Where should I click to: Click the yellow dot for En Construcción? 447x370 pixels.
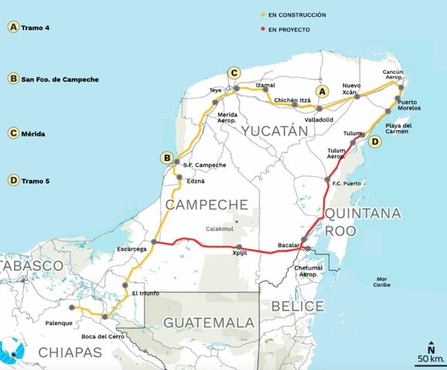(x=263, y=15)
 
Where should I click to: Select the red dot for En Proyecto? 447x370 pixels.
(x=263, y=29)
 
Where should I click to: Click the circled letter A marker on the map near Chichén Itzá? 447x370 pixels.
(x=323, y=92)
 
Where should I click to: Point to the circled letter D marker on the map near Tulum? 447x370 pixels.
(x=375, y=142)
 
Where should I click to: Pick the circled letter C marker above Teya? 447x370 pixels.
(x=234, y=73)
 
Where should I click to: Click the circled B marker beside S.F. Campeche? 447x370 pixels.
(x=166, y=158)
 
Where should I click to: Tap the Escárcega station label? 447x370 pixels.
(x=131, y=249)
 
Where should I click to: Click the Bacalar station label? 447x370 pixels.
(x=288, y=244)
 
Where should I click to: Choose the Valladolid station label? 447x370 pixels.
(x=318, y=119)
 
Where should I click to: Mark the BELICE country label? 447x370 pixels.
(x=297, y=306)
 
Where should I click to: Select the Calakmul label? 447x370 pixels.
(x=220, y=229)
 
